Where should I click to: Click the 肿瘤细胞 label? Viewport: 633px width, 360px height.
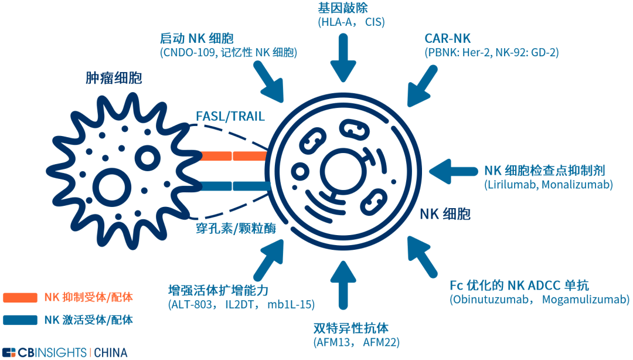[114, 78]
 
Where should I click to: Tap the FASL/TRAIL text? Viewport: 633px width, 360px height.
[230, 117]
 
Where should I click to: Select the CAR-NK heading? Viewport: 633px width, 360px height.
[447, 39]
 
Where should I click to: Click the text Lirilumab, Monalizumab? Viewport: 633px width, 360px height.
[548, 185]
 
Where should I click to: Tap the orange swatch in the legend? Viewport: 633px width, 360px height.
[21, 298]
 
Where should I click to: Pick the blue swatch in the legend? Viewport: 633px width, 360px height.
[21, 321]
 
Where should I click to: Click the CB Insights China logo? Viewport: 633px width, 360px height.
[64, 352]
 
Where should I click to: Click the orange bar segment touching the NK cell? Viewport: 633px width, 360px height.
[250, 157]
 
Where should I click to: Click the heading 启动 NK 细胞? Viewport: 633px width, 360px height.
[196, 39]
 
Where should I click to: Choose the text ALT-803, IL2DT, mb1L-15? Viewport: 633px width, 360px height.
[241, 304]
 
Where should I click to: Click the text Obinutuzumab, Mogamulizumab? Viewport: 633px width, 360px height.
[539, 300]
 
